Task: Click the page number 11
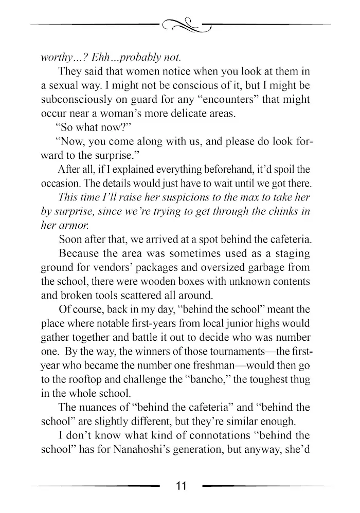pyautogui.click(x=180, y=486)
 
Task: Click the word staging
pyautogui.click(x=291, y=253)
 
